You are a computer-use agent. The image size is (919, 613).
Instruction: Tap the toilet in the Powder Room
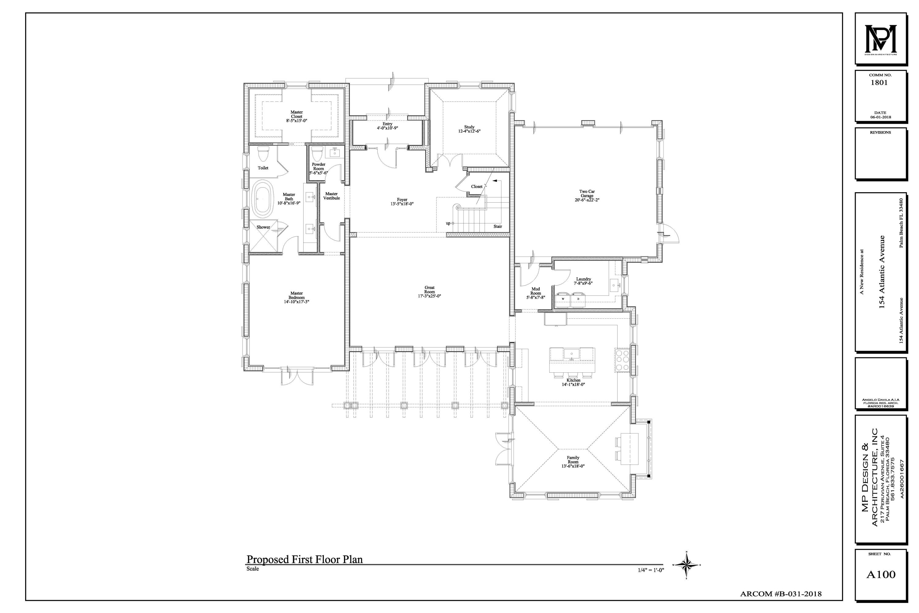[317, 154]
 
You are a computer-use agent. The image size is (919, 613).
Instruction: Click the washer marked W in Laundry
[563, 299]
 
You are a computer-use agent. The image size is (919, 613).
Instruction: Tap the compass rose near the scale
[686, 565]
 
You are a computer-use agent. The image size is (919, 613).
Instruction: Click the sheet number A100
[881, 574]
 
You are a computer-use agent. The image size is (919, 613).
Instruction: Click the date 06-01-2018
[880, 117]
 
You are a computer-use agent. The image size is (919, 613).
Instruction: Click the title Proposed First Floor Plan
[304, 559]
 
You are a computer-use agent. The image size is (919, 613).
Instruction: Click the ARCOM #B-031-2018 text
[781, 594]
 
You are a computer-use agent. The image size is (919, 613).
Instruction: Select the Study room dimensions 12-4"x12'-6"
[469, 131]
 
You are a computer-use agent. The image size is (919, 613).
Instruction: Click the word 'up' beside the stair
[448, 223]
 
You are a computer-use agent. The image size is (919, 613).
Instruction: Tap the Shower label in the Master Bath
[263, 227]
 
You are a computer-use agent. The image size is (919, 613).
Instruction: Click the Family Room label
[573, 460]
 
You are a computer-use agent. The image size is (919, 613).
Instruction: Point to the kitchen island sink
[571, 353]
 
